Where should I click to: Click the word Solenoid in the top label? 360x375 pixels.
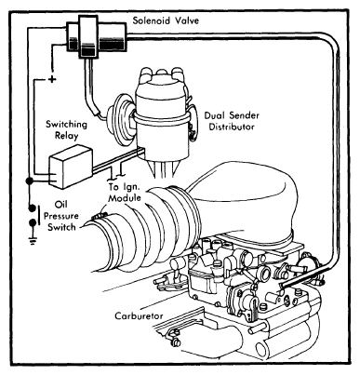pos(152,20)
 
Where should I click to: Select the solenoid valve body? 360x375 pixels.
pos(98,36)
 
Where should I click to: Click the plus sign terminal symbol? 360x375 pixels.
pos(52,79)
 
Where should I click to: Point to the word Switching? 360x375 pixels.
pos(66,125)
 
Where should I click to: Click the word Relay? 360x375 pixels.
pos(67,136)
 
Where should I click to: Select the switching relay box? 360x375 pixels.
pos(71,167)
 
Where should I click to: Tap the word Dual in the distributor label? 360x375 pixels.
pos(214,115)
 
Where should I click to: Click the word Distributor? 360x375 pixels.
pos(232,127)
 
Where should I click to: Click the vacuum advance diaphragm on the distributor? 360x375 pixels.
pos(120,119)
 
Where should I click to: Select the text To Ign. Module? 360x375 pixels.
pos(125,193)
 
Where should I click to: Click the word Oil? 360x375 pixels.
pos(60,205)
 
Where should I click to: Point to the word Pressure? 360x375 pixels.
pos(61,216)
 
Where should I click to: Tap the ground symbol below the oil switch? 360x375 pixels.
pos(33,240)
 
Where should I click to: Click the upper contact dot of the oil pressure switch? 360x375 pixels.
pos(33,208)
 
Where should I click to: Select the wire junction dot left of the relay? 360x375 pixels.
pos(30,181)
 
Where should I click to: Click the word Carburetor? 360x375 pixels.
pos(139,316)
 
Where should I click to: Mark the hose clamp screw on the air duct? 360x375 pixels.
pos(100,215)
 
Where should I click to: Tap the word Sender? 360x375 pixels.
pos(244,115)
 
